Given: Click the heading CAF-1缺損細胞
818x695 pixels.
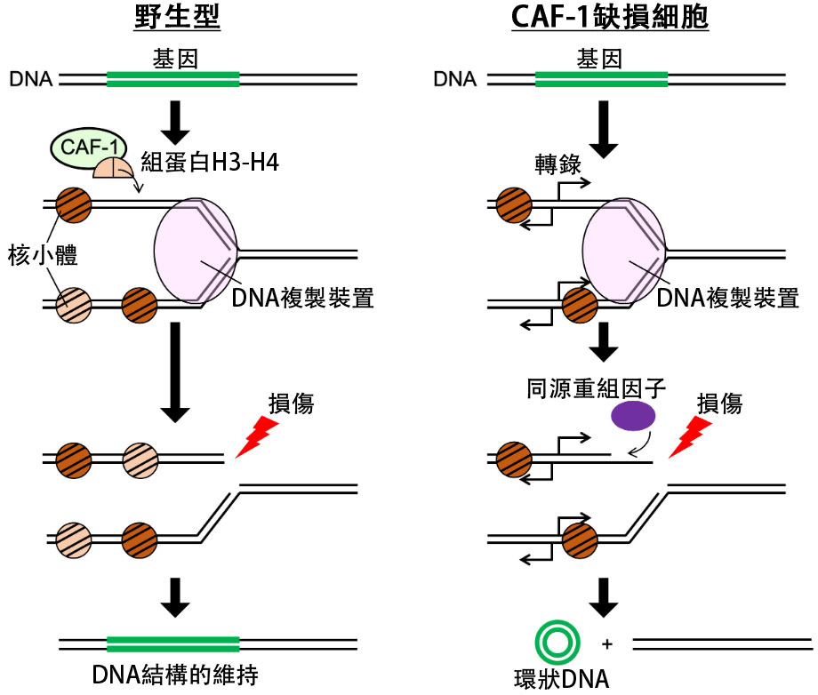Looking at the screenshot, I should [x=611, y=19].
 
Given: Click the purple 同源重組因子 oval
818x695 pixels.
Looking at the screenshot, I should [x=633, y=415].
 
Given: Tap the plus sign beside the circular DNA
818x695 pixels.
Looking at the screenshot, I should [x=608, y=643].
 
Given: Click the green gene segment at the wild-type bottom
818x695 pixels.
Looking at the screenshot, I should [x=172, y=643].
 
